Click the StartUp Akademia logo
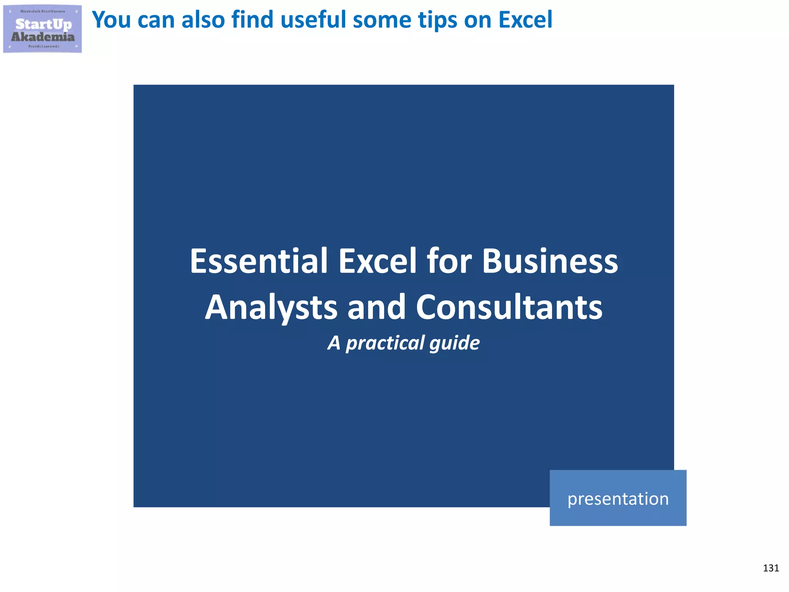[42, 29]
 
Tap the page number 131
[771, 568]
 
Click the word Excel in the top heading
[525, 20]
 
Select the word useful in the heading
[312, 20]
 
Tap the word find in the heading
[252, 20]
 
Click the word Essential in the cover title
[259, 261]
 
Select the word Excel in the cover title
[378, 261]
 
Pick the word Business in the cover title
[550, 261]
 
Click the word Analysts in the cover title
[271, 308]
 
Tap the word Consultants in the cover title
[509, 308]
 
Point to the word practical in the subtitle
[385, 343]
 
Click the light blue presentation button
[618, 498]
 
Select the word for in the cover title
[449, 261]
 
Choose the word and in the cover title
[376, 308]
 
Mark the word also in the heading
[203, 20]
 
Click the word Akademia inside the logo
[43, 37]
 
